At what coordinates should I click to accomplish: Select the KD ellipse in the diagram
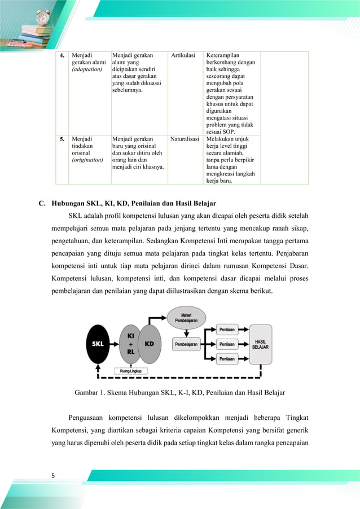[x=150, y=343]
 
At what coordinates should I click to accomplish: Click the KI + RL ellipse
[x=130, y=343]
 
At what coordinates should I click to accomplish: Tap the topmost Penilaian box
[x=227, y=328]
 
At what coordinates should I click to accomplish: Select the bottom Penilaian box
[x=227, y=358]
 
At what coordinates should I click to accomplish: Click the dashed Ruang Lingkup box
[x=131, y=371]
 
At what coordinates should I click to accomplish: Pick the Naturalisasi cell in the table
[x=185, y=138]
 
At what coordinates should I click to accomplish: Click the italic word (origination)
[x=88, y=160]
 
